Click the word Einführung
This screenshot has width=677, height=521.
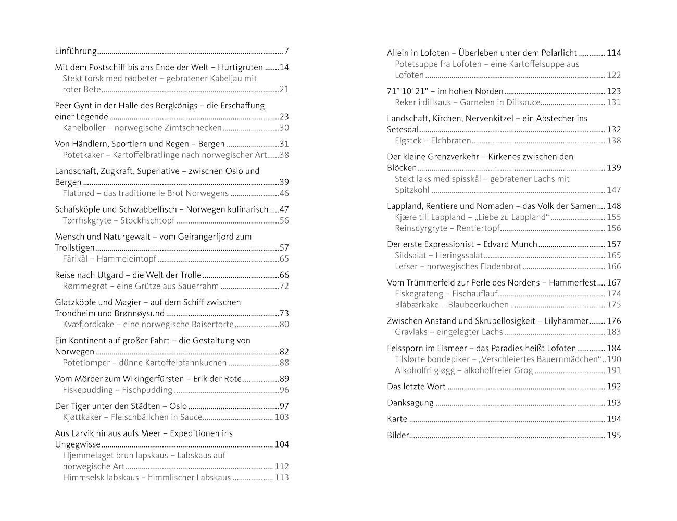click(x=76, y=51)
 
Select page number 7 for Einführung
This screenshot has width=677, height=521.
click(x=286, y=51)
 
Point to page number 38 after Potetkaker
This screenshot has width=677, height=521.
click(x=284, y=155)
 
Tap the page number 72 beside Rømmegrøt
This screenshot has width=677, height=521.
click(x=284, y=286)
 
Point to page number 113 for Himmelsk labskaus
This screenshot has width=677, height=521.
click(x=281, y=478)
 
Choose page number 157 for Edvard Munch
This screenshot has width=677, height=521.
click(x=614, y=244)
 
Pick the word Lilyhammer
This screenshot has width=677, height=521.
click(x=567, y=321)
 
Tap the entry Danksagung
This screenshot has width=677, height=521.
click(x=410, y=403)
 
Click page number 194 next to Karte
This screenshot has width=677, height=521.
click(x=614, y=419)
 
